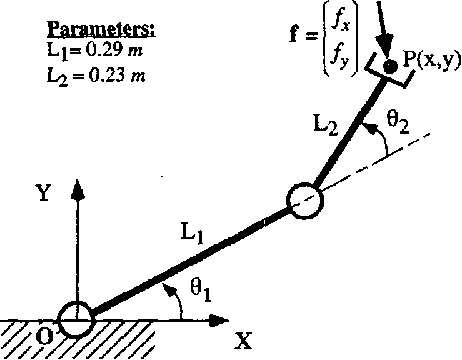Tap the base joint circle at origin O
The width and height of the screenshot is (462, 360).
[x=74, y=321]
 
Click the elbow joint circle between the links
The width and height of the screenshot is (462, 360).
[x=306, y=200]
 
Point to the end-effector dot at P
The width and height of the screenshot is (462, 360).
[x=391, y=65]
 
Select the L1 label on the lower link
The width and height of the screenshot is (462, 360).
[x=193, y=234]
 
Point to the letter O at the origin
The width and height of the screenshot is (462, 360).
[x=44, y=337]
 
